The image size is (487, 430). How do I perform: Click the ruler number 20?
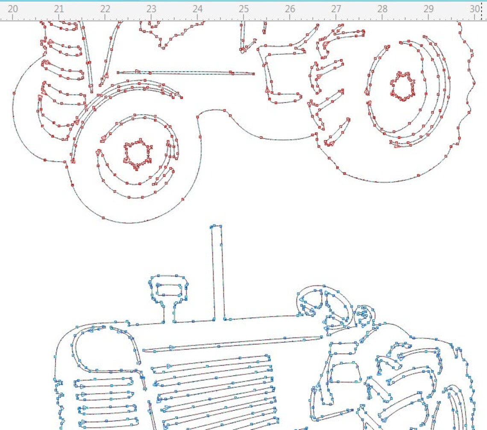(13, 9)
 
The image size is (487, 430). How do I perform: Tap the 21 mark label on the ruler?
(59, 9)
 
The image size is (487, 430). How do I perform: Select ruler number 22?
(105, 9)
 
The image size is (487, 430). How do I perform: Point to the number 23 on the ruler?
(151, 9)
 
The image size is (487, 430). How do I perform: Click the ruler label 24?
(197, 9)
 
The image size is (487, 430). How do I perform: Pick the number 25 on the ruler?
(243, 9)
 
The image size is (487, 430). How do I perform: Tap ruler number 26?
(290, 9)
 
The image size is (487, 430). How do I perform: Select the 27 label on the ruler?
(336, 9)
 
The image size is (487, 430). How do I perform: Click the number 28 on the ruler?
(382, 9)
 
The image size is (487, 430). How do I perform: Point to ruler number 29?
(428, 9)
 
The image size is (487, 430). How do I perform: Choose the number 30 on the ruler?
(475, 9)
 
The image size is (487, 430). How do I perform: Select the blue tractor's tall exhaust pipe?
(218, 274)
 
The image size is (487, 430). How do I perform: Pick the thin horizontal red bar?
(186, 73)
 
